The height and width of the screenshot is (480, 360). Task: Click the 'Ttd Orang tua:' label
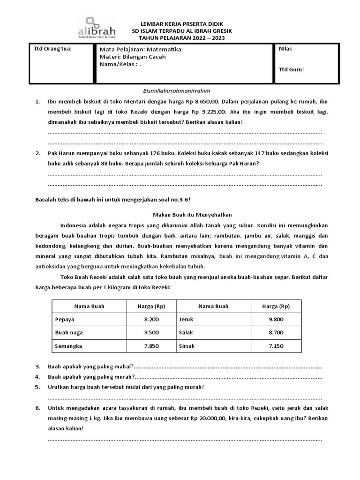(52, 48)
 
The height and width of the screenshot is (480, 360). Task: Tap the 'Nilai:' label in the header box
(286, 48)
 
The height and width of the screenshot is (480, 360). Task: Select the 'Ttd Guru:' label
(291, 69)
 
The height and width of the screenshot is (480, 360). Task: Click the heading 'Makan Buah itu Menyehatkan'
(186, 214)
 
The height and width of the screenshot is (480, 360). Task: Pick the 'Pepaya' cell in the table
(64, 319)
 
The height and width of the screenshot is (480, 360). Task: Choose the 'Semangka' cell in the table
(68, 346)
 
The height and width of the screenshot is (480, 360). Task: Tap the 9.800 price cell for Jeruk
(276, 319)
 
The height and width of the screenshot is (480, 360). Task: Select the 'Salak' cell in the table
(186, 333)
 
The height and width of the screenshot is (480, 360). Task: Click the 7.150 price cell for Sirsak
(276, 346)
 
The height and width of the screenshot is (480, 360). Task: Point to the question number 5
(37, 387)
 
